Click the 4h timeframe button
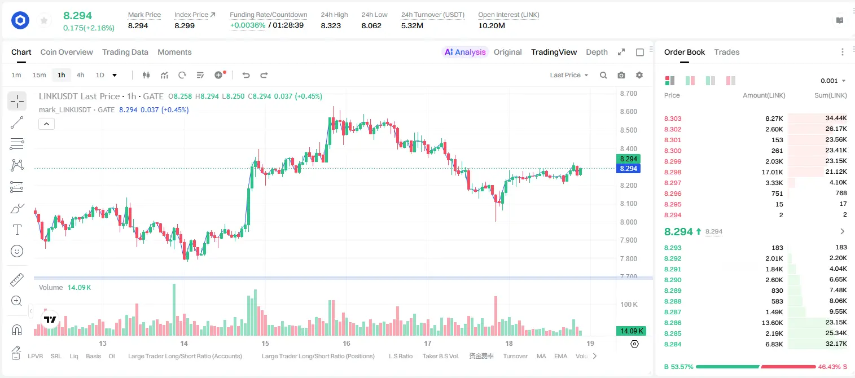80,75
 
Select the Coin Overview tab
67,52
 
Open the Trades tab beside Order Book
726,52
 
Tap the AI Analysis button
464,52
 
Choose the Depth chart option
597,52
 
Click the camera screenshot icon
621,75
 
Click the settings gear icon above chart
639,75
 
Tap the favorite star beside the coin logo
44,20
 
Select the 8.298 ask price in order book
673,172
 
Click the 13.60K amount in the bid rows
772,323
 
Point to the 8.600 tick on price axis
628,112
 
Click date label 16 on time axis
346,343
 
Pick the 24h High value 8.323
331,25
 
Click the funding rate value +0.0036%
247,25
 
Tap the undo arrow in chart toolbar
246,75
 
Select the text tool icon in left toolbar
17,230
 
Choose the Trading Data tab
125,52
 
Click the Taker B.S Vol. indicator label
440,356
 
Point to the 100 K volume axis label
629,305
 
